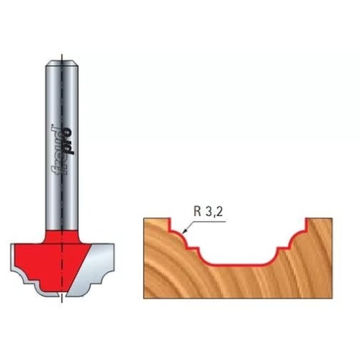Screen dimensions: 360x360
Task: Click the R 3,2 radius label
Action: tap(208, 212)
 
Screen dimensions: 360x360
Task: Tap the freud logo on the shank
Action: tap(63, 150)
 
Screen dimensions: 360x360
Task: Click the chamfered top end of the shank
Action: tap(62, 63)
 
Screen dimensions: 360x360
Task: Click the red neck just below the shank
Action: tap(62, 236)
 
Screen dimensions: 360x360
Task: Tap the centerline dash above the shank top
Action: tap(62, 57)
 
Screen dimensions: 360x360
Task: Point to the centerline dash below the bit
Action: tap(62, 298)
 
